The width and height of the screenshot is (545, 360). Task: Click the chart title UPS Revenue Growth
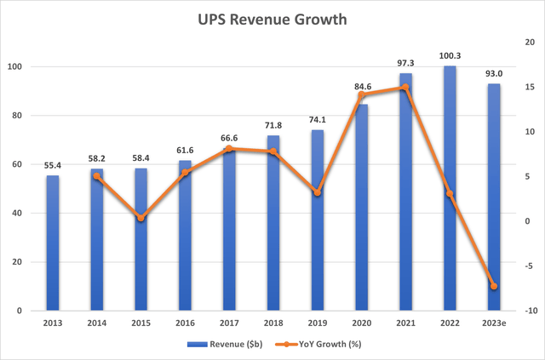(272, 20)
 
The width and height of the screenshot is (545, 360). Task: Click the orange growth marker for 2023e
(494, 286)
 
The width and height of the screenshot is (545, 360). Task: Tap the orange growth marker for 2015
(141, 218)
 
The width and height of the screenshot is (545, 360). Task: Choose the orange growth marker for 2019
(318, 192)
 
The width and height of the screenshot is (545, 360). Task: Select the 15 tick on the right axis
(529, 88)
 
